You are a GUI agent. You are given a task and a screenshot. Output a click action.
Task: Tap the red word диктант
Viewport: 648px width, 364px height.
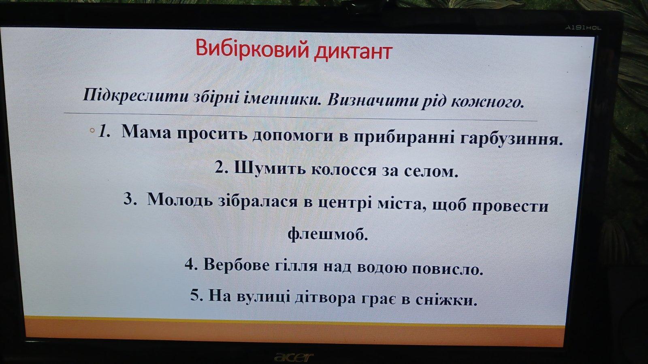[353, 52]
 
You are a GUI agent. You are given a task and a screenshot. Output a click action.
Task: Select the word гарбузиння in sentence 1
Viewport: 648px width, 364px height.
[511, 139]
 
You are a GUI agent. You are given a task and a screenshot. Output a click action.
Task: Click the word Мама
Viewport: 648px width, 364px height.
[146, 131]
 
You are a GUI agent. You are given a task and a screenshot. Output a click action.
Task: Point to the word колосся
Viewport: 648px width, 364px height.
[344, 169]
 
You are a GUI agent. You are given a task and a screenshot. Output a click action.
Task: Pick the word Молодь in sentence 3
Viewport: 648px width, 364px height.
[180, 199]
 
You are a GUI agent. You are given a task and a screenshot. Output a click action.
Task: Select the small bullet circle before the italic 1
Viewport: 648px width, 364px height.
[92, 130]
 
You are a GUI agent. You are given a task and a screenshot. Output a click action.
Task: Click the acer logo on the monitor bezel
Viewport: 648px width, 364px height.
[294, 357]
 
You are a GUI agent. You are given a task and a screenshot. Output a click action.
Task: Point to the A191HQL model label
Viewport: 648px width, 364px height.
[583, 28]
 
